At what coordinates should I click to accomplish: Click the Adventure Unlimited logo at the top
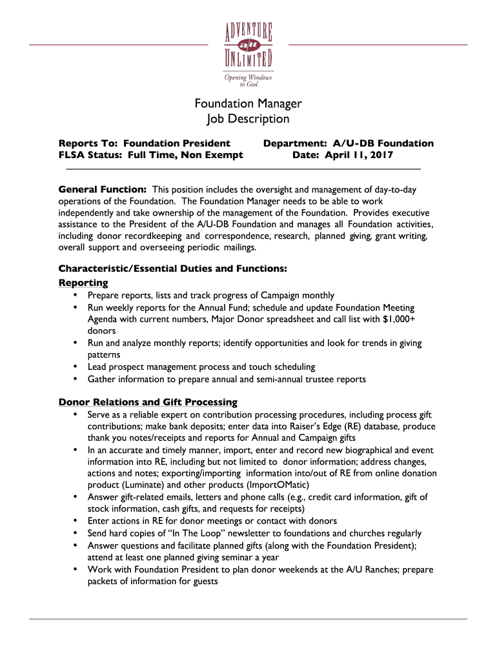[x=248, y=45]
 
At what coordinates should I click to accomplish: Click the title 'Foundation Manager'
[x=249, y=104]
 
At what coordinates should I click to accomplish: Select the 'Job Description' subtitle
[x=249, y=119]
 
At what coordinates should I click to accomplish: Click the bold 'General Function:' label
[x=102, y=190]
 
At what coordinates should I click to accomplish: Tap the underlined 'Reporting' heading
[x=83, y=283]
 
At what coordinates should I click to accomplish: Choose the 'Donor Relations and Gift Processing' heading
[x=148, y=402]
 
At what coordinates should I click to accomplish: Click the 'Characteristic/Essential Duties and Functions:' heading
[x=172, y=268]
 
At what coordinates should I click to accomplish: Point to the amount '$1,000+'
[x=399, y=319]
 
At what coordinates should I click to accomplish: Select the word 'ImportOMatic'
[x=278, y=485]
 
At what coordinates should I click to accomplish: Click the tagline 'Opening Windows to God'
[x=248, y=81]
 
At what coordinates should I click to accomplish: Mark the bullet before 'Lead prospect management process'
[x=76, y=367]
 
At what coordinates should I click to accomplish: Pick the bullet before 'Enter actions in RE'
[x=76, y=521]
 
